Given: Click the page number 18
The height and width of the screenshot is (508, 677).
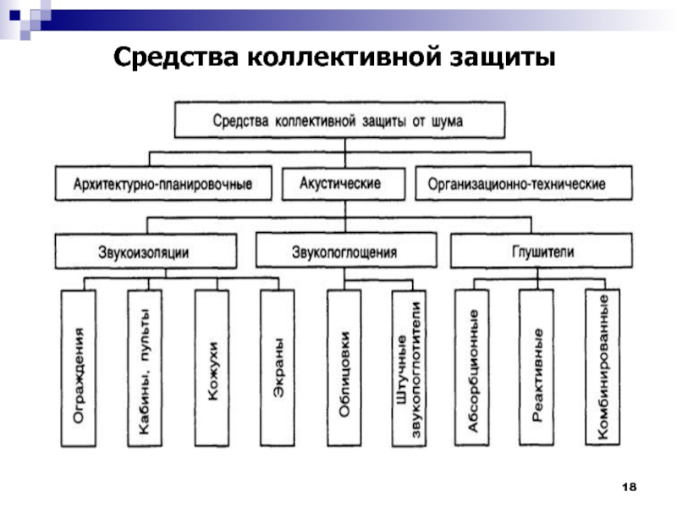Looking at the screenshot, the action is click(x=629, y=487).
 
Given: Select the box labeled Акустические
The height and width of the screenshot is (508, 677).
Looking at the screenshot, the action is click(x=344, y=184).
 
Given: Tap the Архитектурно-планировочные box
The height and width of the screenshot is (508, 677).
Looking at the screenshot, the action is click(x=163, y=184).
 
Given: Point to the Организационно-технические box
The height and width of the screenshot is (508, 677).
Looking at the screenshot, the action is click(x=524, y=184).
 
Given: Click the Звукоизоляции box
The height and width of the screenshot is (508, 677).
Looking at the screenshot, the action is click(x=146, y=251).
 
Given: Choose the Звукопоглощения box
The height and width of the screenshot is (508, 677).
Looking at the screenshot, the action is click(x=346, y=251).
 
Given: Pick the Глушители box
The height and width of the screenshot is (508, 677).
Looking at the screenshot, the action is click(x=542, y=251).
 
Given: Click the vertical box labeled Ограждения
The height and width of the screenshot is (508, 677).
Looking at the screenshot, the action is click(x=78, y=368).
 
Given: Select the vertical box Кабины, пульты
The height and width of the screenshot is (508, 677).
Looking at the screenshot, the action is click(x=145, y=368).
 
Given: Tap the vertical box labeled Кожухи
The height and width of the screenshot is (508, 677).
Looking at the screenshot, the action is click(x=212, y=368).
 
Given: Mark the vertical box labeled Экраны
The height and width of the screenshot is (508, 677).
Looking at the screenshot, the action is click(x=278, y=368).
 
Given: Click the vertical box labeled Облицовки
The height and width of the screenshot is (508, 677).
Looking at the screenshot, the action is click(x=344, y=368).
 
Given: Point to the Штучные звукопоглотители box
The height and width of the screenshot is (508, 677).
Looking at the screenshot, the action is click(x=409, y=368).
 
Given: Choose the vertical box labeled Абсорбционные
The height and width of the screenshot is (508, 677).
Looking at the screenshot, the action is click(x=472, y=367).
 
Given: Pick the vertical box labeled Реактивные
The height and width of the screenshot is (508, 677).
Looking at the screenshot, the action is click(x=537, y=367).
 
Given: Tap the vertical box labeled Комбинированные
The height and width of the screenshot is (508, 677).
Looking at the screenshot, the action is click(x=603, y=367).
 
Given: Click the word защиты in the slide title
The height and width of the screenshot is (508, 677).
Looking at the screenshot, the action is click(x=503, y=58).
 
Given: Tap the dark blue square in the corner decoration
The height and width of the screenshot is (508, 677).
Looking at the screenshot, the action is click(x=14, y=15).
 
